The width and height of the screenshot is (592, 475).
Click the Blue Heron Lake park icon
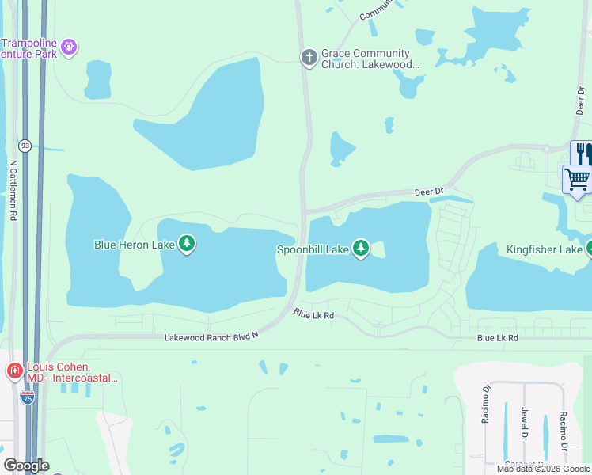click(187, 243)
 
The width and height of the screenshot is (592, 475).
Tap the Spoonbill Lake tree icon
click(361, 249)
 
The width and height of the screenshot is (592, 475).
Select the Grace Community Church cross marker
click(309, 56)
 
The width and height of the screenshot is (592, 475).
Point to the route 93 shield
click(25, 146)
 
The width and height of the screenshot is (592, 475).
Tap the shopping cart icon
click(578, 179)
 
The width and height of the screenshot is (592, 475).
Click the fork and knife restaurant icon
click(582, 152)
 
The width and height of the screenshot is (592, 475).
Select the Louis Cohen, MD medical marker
click(14, 370)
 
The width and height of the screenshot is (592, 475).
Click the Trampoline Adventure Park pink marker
click(70, 47)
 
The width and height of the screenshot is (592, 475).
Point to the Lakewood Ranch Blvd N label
click(212, 338)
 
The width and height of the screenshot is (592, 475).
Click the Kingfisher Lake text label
click(544, 250)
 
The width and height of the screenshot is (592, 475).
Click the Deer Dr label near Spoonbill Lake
click(428, 192)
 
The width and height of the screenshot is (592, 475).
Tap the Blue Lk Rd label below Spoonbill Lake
click(313, 314)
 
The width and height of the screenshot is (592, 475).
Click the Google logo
click(25, 465)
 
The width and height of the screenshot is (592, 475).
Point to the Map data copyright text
click(542, 469)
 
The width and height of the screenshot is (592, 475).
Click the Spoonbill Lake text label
click(312, 249)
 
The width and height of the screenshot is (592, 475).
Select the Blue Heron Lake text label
click(135, 245)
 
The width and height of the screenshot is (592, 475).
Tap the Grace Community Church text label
click(370, 60)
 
